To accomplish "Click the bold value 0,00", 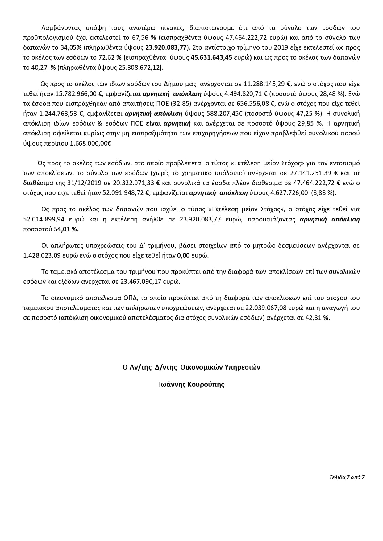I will coord(183,256).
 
